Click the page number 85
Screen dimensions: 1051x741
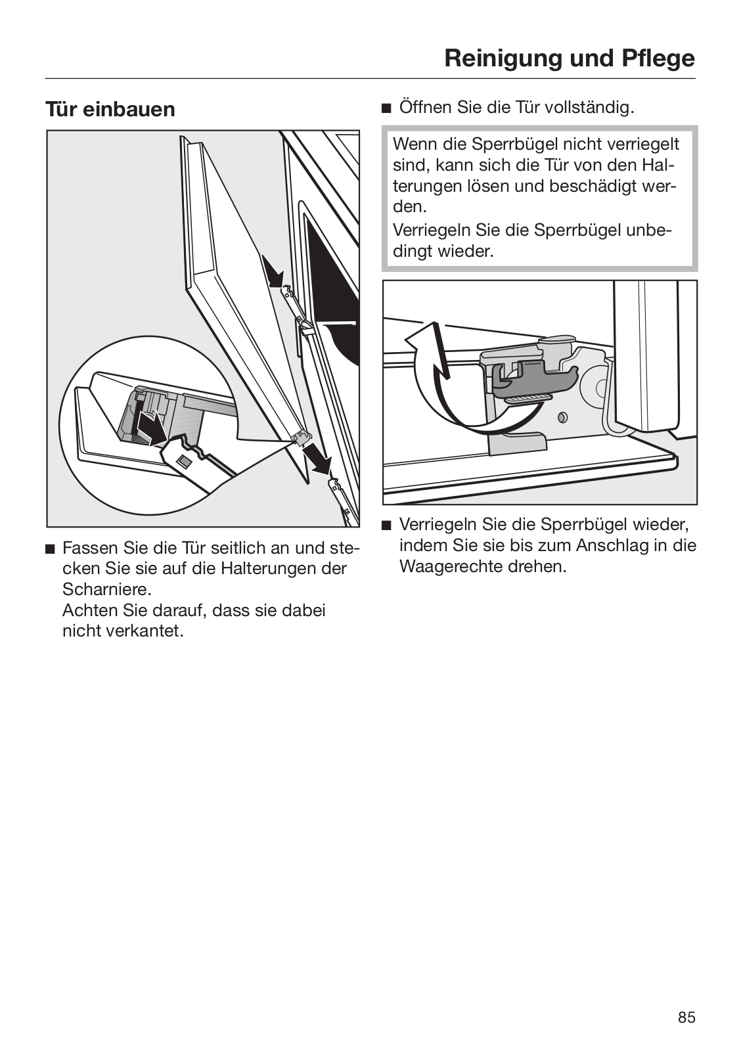click(x=686, y=1017)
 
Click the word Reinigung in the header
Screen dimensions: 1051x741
click(x=497, y=59)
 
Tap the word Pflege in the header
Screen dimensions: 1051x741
click(x=658, y=59)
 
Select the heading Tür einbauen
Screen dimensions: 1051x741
click(x=110, y=109)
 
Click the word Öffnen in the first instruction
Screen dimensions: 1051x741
click(x=424, y=108)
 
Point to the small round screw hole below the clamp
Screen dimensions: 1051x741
click(x=562, y=416)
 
